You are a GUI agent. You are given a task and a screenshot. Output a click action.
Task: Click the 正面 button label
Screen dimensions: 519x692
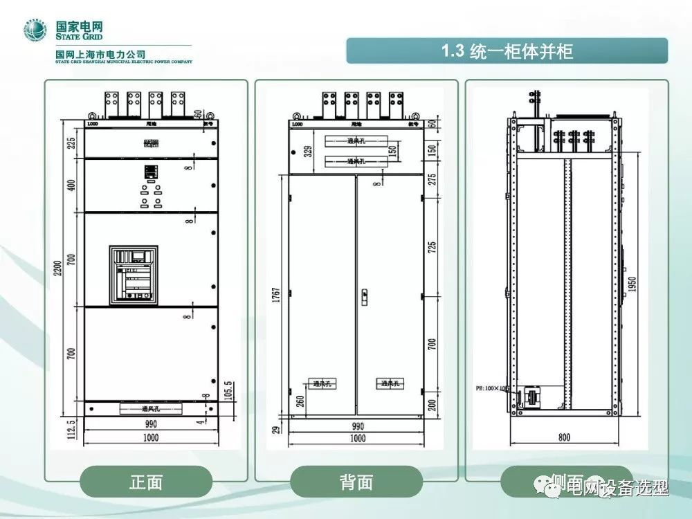(x=146, y=482)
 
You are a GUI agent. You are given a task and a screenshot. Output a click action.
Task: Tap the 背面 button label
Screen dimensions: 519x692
(x=356, y=482)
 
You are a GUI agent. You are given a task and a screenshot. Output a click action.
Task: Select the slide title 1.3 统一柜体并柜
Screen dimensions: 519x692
(x=507, y=51)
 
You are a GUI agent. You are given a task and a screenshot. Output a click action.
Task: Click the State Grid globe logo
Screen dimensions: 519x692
(x=34, y=31)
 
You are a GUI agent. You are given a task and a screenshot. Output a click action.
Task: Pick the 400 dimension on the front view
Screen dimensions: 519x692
(x=71, y=185)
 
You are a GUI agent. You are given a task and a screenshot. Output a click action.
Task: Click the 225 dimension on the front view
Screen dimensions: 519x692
(x=71, y=143)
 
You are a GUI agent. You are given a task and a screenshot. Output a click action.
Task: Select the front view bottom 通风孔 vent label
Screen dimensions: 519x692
(x=152, y=409)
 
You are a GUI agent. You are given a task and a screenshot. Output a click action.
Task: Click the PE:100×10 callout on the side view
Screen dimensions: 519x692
(x=493, y=388)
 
